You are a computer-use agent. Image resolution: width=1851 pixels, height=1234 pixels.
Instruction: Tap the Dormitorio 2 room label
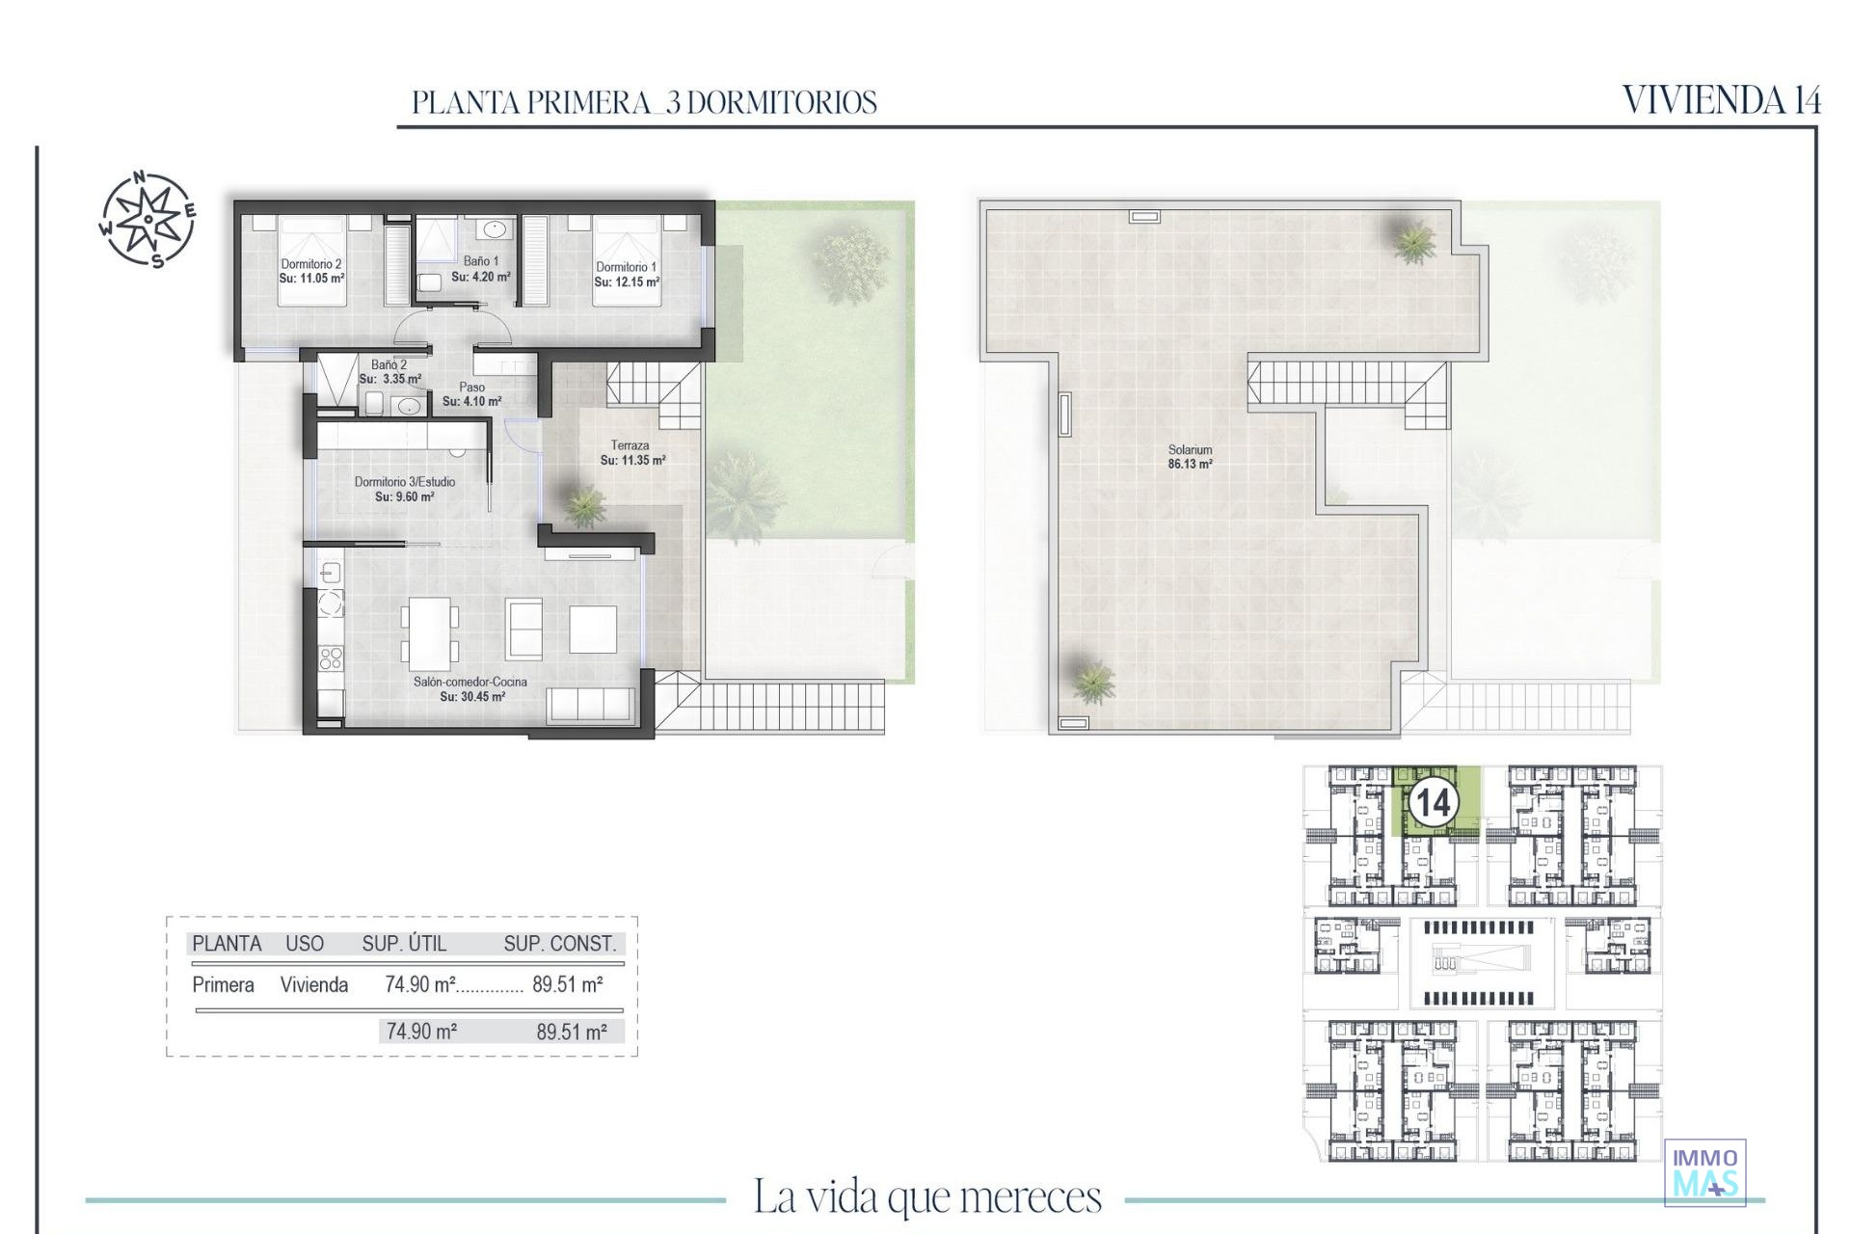point(311,264)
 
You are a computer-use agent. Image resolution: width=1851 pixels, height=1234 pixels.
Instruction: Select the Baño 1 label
point(481,261)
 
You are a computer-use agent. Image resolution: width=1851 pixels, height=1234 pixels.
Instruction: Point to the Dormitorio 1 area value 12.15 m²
point(627,282)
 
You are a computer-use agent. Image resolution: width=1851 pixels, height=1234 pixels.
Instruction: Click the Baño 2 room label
point(389,365)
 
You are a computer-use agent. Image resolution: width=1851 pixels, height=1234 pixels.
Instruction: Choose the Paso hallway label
point(472,388)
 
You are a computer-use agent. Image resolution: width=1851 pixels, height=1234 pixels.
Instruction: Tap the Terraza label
point(630,445)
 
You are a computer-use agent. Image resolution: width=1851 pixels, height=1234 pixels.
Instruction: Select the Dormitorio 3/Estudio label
point(405,482)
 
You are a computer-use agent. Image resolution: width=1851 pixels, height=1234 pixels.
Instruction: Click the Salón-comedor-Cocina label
point(470,682)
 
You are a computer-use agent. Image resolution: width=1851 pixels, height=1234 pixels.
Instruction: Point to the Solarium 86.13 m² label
point(1191,457)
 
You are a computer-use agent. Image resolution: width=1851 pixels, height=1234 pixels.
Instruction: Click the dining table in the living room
point(430,633)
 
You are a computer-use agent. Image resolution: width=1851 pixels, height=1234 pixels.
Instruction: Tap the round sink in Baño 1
point(495,229)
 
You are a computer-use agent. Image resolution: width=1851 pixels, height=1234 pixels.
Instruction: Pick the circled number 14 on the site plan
point(1433,802)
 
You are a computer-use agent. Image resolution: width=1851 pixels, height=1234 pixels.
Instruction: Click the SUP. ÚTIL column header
point(404,944)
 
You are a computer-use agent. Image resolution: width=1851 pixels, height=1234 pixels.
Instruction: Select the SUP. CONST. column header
point(560,944)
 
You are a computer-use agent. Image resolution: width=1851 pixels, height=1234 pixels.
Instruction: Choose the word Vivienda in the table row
point(314,984)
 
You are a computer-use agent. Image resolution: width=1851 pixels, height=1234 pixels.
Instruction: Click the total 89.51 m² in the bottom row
point(572,1032)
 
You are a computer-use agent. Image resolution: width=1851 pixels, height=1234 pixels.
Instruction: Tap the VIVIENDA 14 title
point(1722,100)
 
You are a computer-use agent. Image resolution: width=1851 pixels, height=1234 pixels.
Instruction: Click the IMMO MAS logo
point(1705,1172)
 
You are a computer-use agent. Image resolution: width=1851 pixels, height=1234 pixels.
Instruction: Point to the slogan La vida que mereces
point(927,1197)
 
